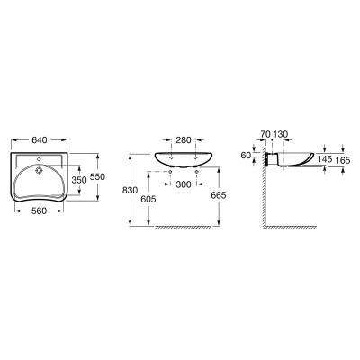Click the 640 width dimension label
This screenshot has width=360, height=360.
[40, 139]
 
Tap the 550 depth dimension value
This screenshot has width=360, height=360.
[98, 177]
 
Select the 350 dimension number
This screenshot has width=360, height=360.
[79, 180]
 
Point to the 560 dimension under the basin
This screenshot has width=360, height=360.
[40, 211]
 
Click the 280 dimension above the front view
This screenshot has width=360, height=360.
[184, 139]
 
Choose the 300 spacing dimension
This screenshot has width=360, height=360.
[184, 184]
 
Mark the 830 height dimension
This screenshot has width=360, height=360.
[130, 190]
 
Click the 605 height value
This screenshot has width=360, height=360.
[148, 199]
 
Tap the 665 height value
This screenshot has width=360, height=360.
[219, 195]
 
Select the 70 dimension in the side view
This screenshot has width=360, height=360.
[265, 134]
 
